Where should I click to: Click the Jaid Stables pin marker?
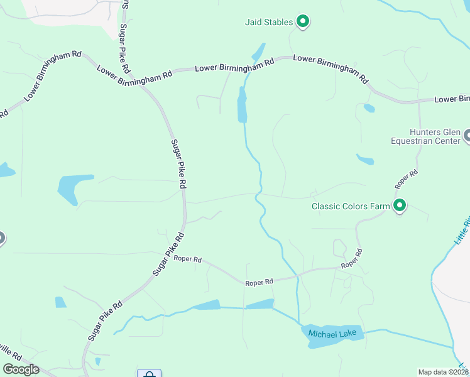click(x=302, y=22)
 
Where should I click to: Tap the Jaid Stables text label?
click(x=268, y=23)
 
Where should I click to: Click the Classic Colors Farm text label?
click(x=351, y=206)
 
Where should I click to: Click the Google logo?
click(x=21, y=369)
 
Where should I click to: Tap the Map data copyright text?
click(x=444, y=372)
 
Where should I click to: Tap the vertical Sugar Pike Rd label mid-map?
click(x=180, y=163)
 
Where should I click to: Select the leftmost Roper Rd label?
click(x=187, y=259)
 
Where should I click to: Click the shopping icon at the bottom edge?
click(x=149, y=374)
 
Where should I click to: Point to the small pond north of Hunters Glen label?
click(x=369, y=108)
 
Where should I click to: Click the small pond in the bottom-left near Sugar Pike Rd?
click(x=60, y=302)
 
